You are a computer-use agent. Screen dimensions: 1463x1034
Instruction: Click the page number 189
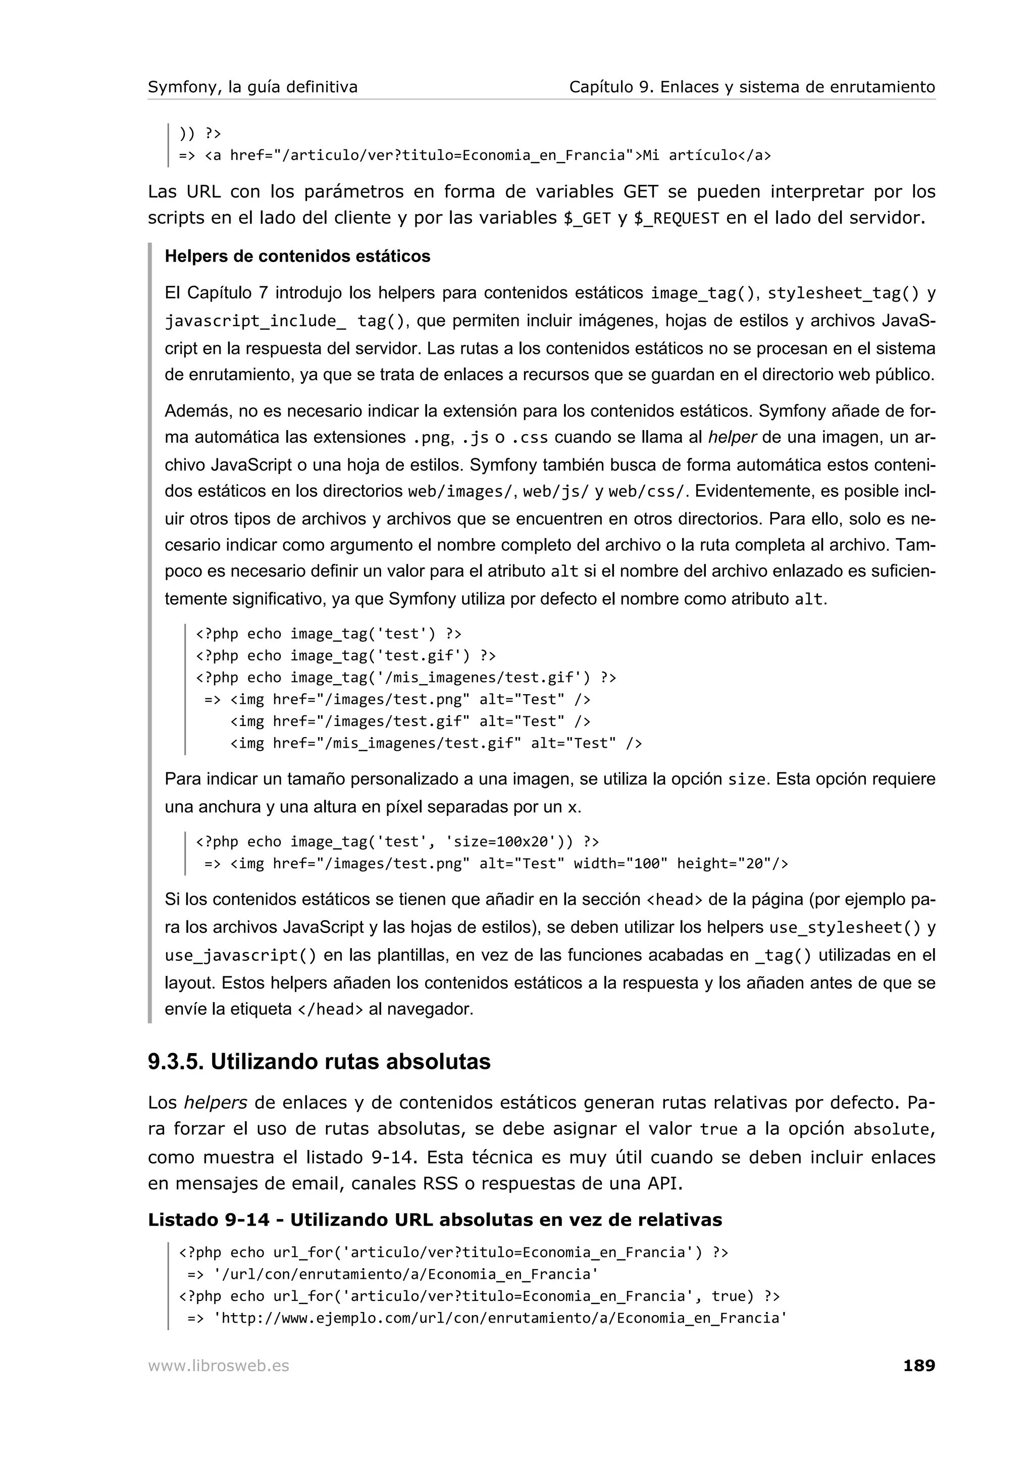click(x=919, y=1366)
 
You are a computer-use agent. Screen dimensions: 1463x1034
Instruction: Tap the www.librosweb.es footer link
click(x=218, y=1366)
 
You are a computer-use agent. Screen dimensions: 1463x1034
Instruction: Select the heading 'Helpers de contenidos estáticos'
click(x=297, y=257)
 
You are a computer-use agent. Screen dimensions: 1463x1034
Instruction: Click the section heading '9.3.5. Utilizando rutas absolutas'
click(x=319, y=1062)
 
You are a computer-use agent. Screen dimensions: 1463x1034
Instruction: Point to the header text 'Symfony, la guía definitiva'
click(x=252, y=87)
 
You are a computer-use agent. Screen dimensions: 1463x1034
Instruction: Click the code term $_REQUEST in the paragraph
click(x=676, y=219)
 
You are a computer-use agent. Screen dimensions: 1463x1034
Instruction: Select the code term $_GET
click(x=587, y=219)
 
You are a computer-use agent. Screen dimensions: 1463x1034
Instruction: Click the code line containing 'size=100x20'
click(x=397, y=842)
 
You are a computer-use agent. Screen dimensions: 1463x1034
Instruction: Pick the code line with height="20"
click(x=496, y=864)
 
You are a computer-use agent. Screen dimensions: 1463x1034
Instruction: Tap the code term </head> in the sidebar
click(x=330, y=1009)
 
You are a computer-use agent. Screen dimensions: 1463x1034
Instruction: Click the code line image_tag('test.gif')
click(x=345, y=656)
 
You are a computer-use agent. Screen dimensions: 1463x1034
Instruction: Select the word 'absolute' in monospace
click(x=891, y=1130)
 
